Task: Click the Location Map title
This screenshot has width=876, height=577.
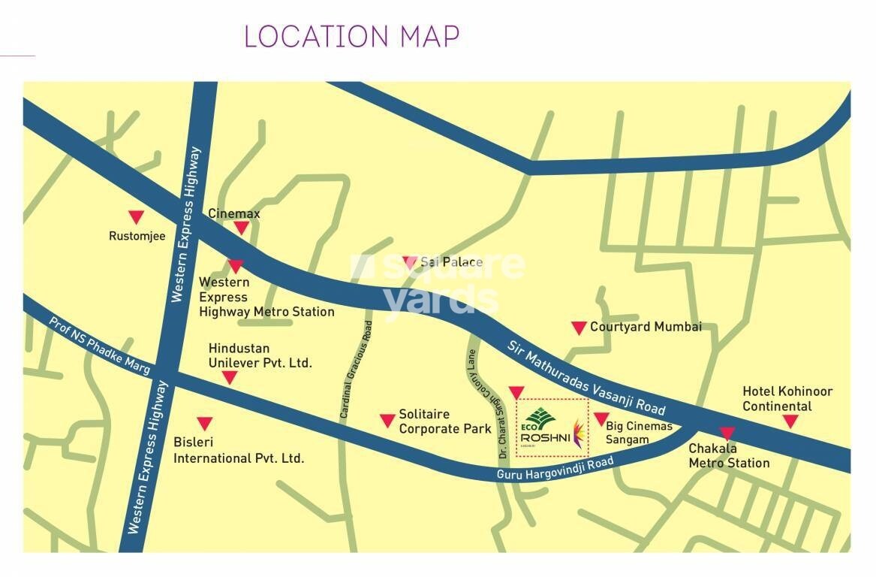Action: [351, 36]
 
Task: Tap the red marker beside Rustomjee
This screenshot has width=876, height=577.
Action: [135, 218]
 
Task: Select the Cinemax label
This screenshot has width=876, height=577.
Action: [234, 213]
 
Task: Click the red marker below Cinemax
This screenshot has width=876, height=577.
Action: [241, 228]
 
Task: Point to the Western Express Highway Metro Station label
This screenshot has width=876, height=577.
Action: [266, 297]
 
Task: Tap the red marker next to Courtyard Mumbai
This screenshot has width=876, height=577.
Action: [579, 328]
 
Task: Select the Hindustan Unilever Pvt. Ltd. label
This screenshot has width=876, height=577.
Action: [260, 356]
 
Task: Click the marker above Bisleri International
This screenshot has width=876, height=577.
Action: [204, 424]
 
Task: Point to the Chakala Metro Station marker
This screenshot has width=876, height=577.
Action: [727, 434]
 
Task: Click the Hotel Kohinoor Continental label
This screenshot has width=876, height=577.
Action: [787, 399]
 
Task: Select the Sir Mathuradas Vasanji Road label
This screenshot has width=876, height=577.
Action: [586, 378]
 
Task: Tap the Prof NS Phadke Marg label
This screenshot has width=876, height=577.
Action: [100, 346]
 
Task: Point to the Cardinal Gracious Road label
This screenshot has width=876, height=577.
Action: [357, 370]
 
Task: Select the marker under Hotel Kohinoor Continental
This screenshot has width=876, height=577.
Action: [790, 422]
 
